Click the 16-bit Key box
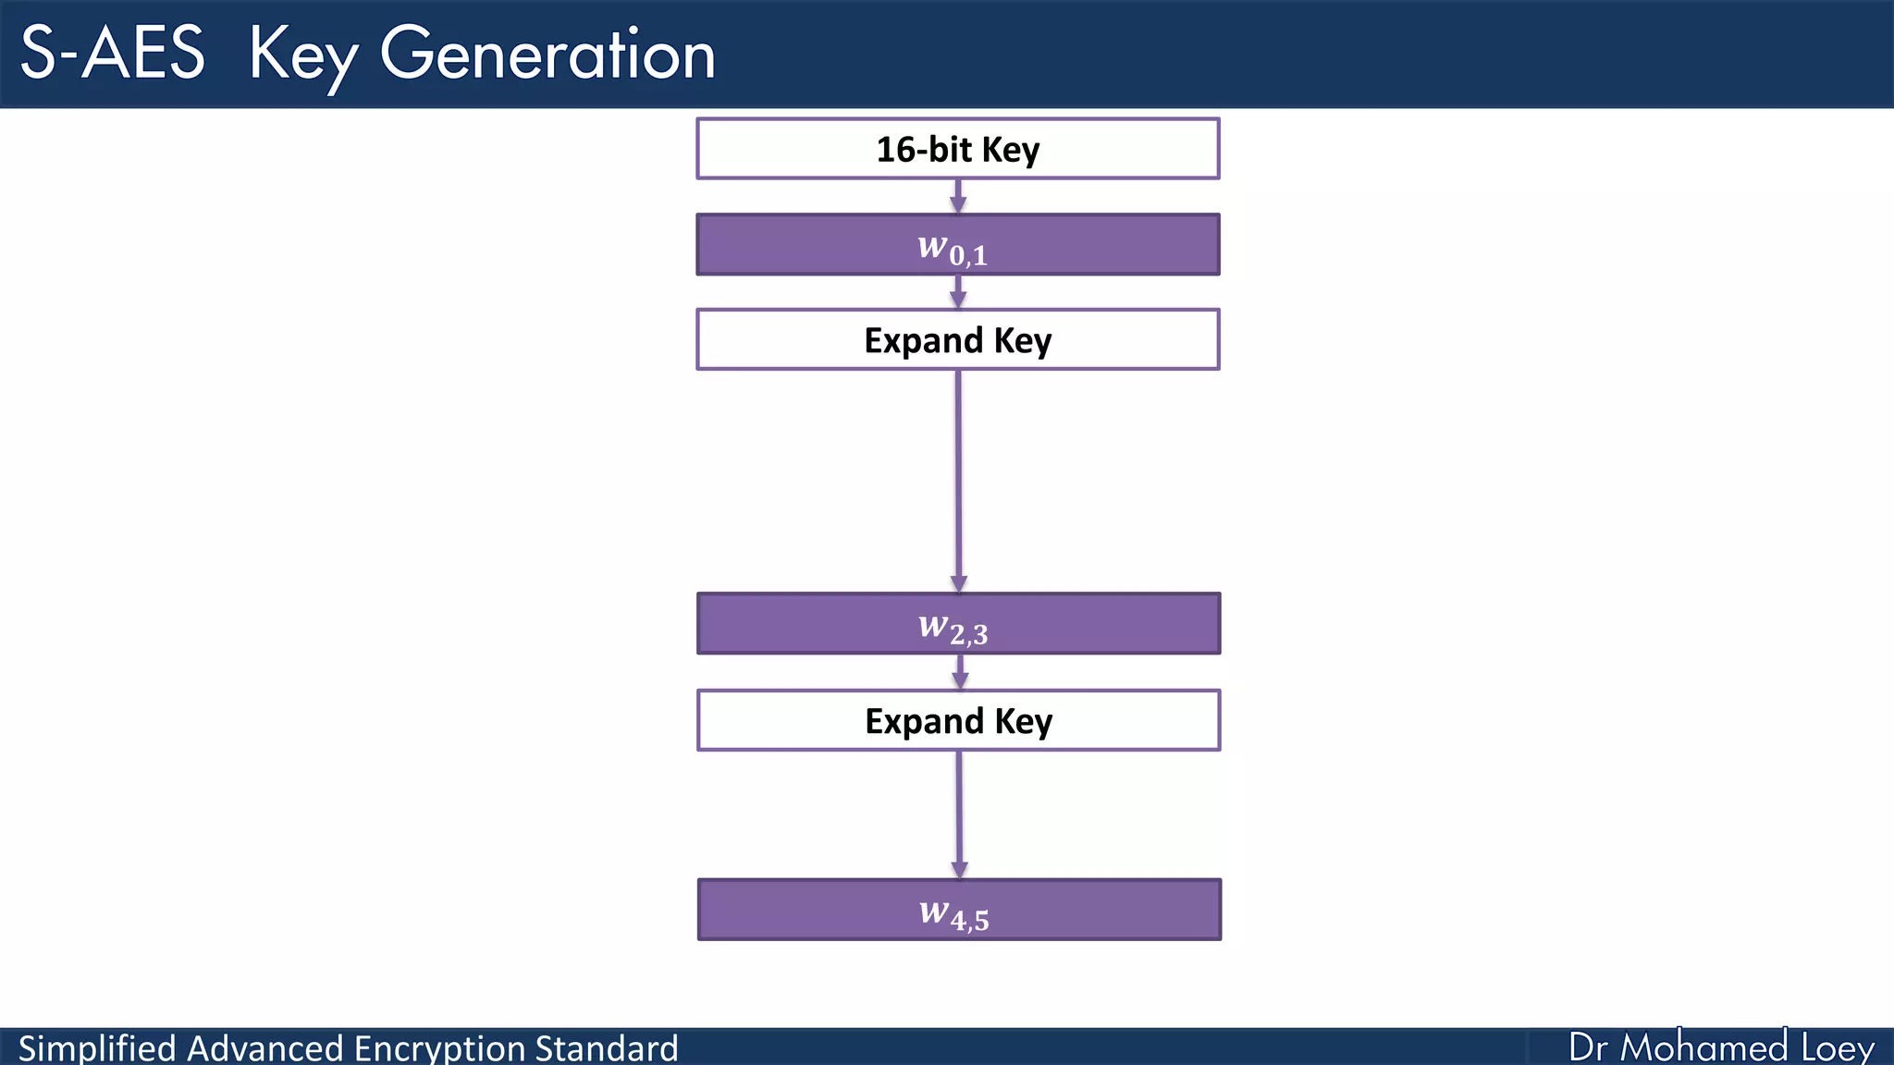point(958,149)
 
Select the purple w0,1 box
point(958,245)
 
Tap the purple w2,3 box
point(958,624)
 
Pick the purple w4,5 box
point(959,911)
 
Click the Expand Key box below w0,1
point(958,340)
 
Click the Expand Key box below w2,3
point(958,720)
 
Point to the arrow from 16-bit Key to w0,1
point(958,196)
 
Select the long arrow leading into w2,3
point(958,481)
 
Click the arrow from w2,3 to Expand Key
point(960,671)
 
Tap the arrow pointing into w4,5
point(959,814)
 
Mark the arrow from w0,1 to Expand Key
point(958,292)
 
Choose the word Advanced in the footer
point(265,1048)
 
